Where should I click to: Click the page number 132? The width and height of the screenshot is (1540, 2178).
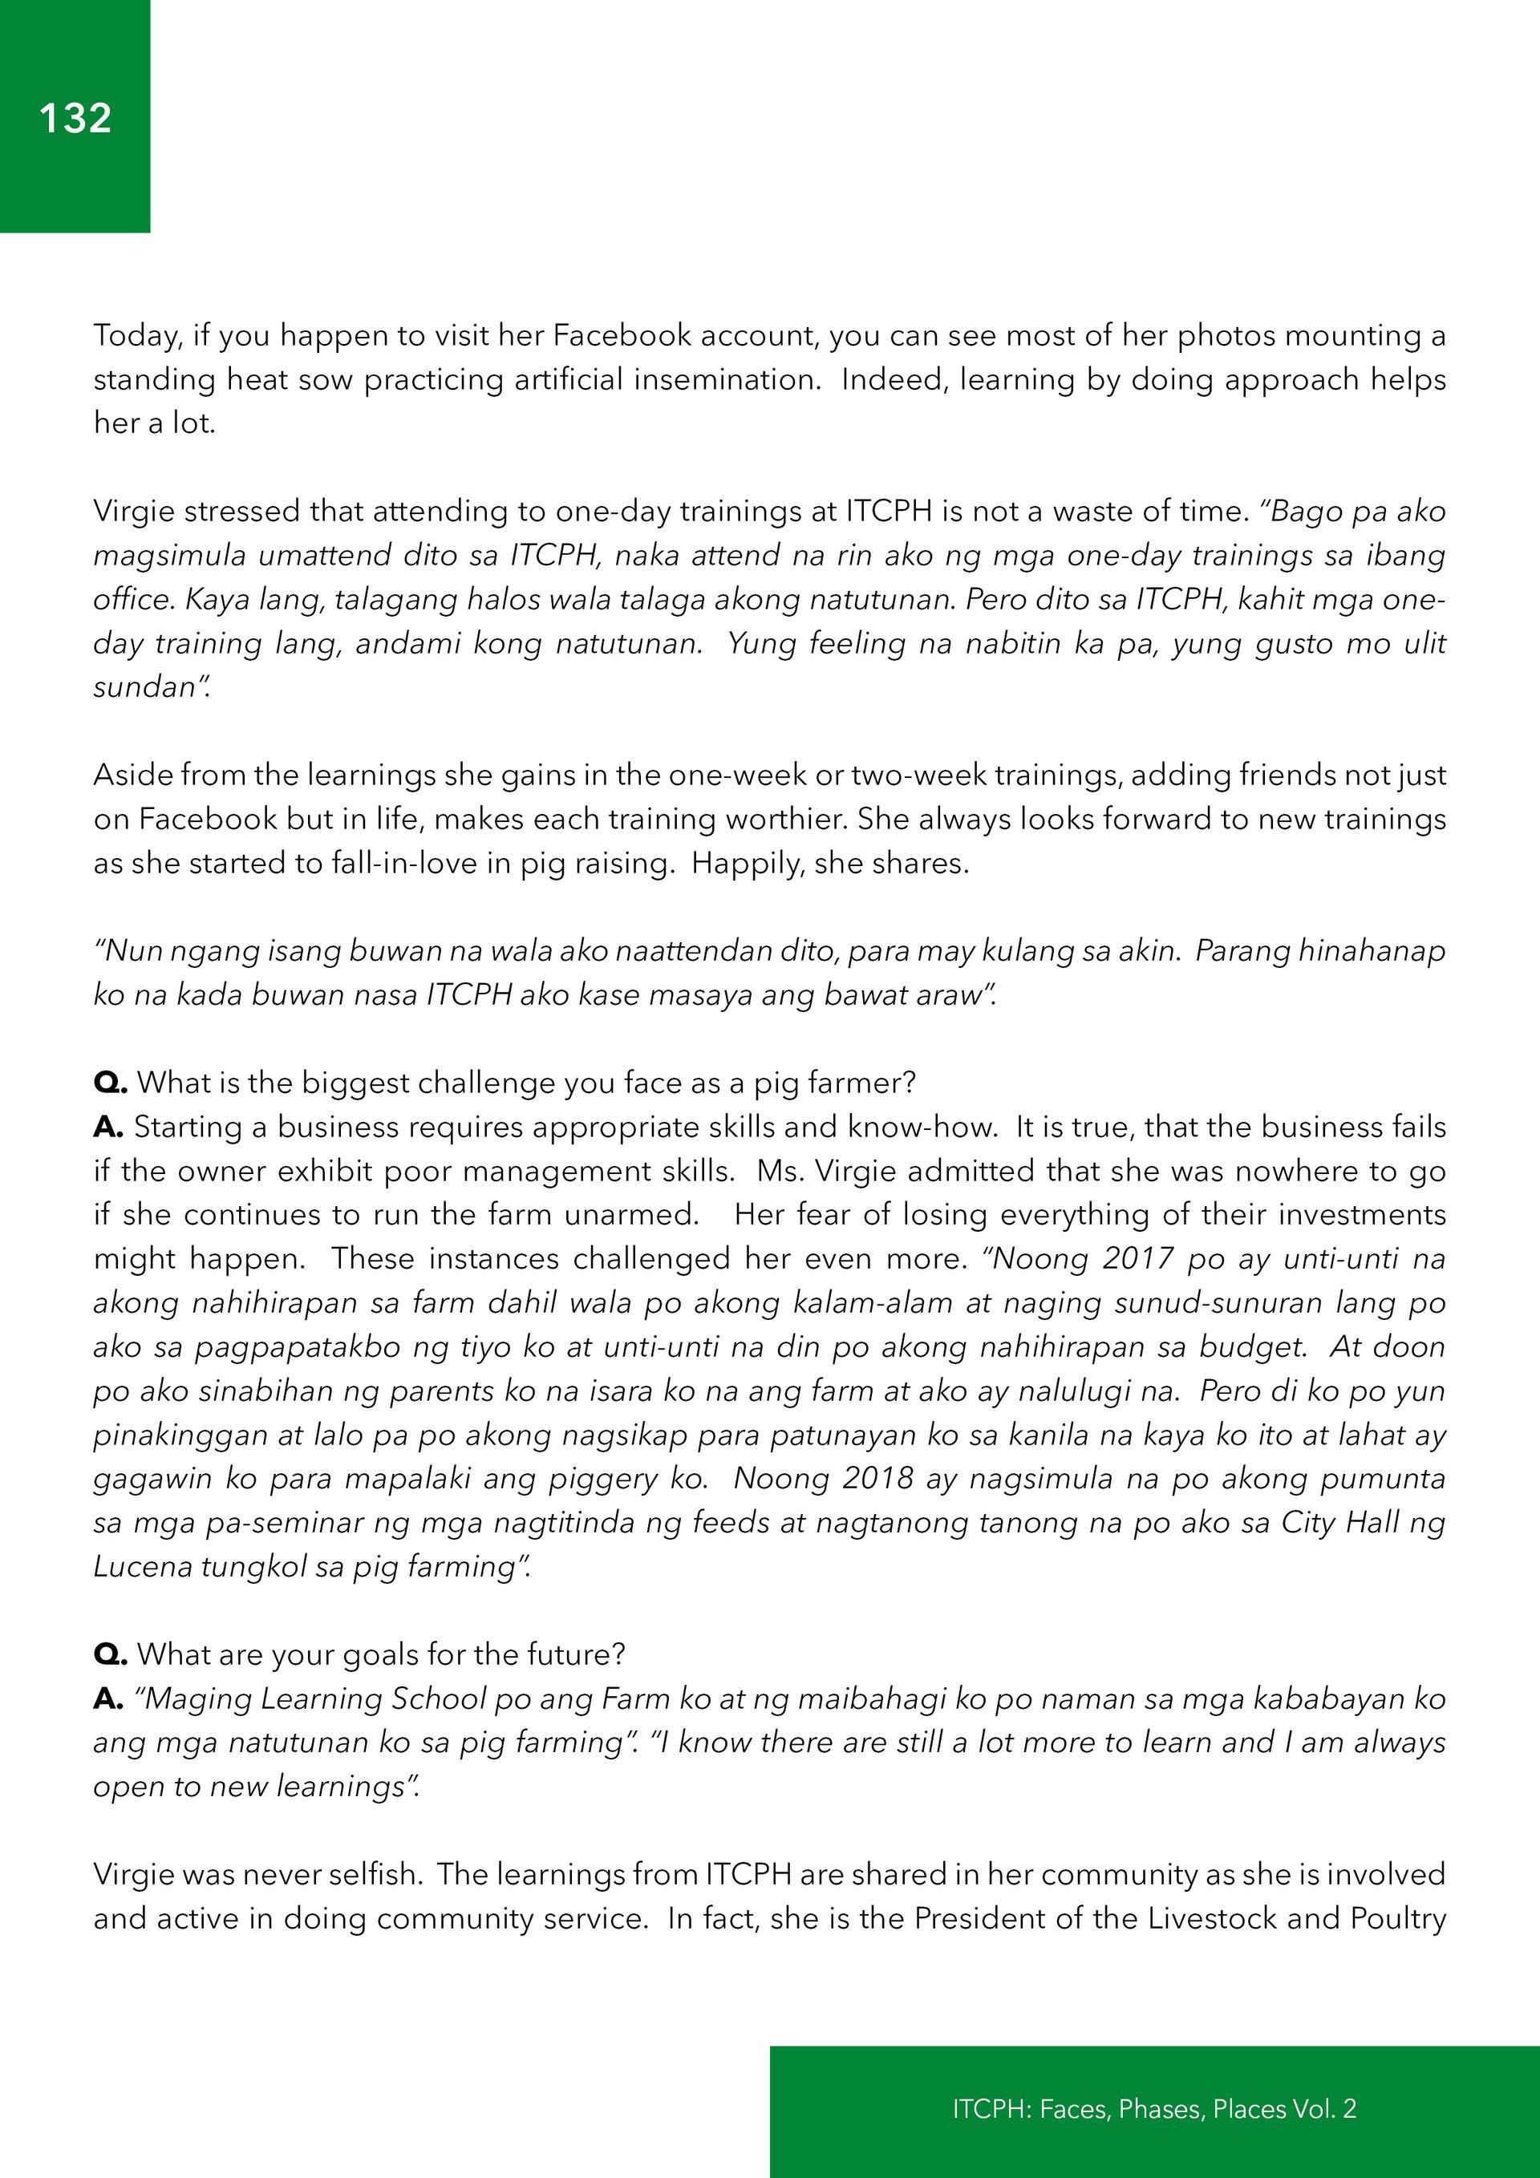[x=75, y=119]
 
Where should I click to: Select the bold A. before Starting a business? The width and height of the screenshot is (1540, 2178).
[x=108, y=1127]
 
